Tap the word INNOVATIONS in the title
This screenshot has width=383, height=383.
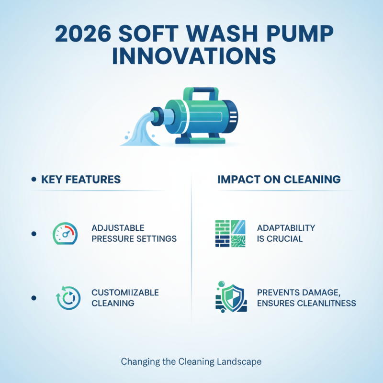(x=191, y=56)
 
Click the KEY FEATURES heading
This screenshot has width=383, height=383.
(x=81, y=180)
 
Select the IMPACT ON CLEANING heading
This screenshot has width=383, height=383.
(x=279, y=180)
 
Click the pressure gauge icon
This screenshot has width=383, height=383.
(x=64, y=234)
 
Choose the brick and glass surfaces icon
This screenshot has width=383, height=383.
(x=231, y=234)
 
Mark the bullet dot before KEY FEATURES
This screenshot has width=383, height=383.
(x=34, y=180)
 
